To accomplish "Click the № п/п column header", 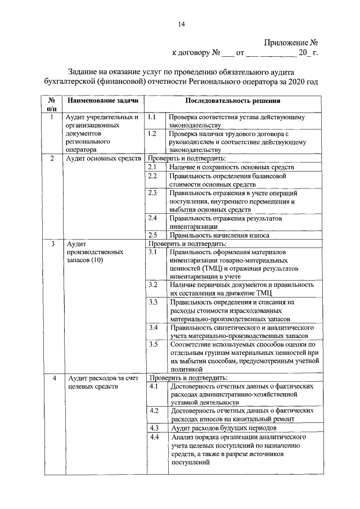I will (x=52, y=104).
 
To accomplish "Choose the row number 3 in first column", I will (x=52, y=244).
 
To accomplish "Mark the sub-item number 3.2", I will (x=152, y=285).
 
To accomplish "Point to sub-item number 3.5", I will (x=152, y=344).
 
